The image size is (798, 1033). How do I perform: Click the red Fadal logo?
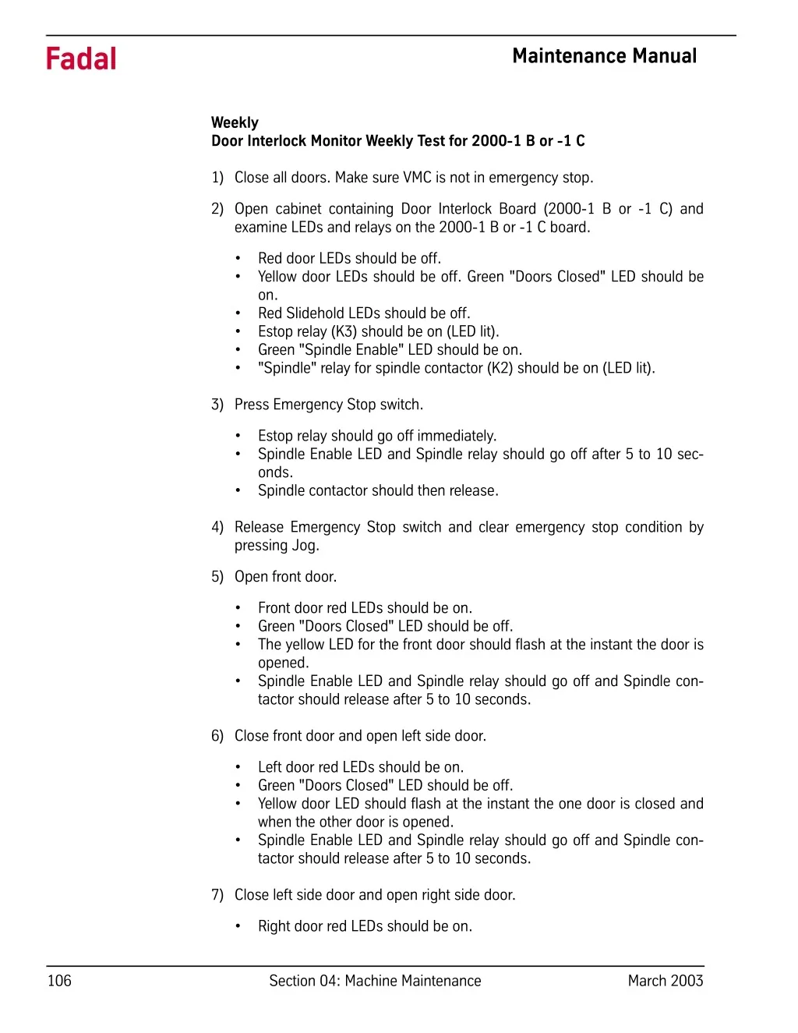point(81,59)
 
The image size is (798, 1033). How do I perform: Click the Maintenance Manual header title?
point(604,56)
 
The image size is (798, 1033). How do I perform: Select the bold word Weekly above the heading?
point(235,122)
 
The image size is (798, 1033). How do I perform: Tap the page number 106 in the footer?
point(59,981)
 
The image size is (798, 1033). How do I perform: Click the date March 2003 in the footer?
point(666,981)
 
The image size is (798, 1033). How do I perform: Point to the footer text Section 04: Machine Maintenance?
point(375,981)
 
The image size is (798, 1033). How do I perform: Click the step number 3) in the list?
point(217,405)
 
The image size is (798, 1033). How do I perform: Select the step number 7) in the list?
point(217,895)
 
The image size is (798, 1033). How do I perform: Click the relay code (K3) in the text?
point(344,331)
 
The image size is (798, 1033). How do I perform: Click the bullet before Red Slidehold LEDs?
point(238,313)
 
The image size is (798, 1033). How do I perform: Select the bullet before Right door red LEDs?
point(238,926)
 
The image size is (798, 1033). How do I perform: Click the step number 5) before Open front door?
point(217,577)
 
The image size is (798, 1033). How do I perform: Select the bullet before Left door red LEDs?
point(238,767)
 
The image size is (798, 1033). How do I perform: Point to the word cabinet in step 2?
point(295,209)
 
